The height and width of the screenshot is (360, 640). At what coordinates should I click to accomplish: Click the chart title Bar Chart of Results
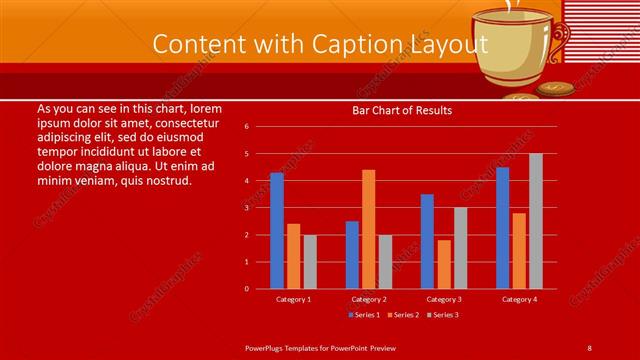click(402, 110)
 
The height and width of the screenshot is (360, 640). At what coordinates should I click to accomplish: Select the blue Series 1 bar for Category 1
click(276, 230)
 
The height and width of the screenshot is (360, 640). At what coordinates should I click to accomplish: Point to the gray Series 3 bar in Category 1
click(310, 261)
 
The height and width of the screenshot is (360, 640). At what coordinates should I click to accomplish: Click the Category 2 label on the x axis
click(368, 299)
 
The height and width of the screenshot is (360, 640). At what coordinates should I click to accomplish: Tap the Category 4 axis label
click(519, 299)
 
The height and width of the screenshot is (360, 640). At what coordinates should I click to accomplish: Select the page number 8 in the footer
click(589, 347)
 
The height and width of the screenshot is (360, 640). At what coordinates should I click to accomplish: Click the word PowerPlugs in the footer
click(267, 347)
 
